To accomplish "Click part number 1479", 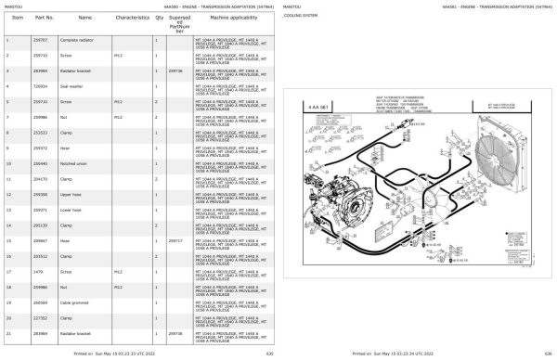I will point(39,271).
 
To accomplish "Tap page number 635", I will point(270,353).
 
